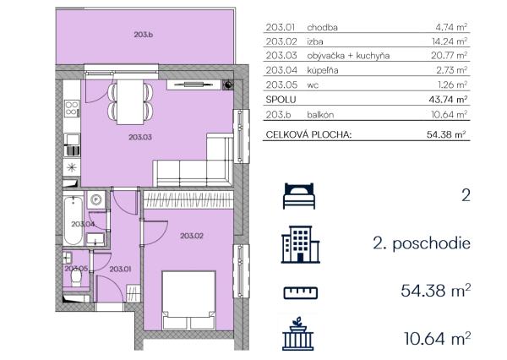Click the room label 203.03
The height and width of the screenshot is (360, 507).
140,137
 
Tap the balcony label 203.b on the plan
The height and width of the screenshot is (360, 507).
144,35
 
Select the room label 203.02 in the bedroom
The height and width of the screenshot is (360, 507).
192,236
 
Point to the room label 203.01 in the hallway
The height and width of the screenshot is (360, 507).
120,269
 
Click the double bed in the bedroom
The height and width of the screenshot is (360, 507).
188,301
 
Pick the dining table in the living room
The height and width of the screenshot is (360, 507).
130,102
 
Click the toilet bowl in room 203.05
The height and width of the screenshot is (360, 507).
76,277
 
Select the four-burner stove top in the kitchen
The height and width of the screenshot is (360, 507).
72,109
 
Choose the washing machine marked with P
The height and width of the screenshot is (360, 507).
96,200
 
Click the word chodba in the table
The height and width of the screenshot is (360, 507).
323,28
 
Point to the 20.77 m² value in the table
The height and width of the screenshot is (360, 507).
450,56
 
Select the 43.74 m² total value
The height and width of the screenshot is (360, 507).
448,100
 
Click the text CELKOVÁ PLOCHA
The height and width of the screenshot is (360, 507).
308,134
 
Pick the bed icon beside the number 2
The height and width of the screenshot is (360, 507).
299,196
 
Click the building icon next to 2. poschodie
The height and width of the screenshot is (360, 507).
300,244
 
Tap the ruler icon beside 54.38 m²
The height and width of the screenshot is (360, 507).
301,293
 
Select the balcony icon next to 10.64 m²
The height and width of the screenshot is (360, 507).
297,334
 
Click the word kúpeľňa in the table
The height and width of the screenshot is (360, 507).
323,70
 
